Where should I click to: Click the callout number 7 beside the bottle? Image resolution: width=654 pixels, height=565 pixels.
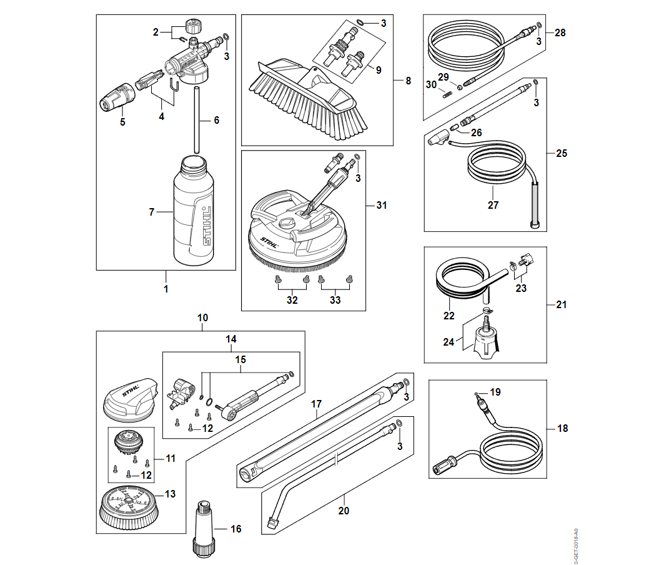[x=151, y=212]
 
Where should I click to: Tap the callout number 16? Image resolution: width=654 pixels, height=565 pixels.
[x=235, y=529]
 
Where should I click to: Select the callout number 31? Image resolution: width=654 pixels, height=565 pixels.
[x=382, y=205]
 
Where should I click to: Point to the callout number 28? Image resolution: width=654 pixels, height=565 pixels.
[x=560, y=32]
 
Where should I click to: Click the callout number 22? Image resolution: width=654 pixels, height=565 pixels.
[x=449, y=316]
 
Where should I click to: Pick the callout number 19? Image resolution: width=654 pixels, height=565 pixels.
[x=495, y=392]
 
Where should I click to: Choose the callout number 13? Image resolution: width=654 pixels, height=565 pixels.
[x=171, y=494]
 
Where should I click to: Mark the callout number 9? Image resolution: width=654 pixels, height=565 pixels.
[x=379, y=70]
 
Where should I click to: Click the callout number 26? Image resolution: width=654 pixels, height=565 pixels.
[x=477, y=132]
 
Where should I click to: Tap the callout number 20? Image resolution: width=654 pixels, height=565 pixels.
[x=344, y=511]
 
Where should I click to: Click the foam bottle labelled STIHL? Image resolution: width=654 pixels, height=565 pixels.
[x=194, y=212]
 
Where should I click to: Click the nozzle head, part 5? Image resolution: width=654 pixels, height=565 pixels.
[x=118, y=97]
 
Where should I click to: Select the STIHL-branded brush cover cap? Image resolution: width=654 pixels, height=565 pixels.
[x=131, y=398]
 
